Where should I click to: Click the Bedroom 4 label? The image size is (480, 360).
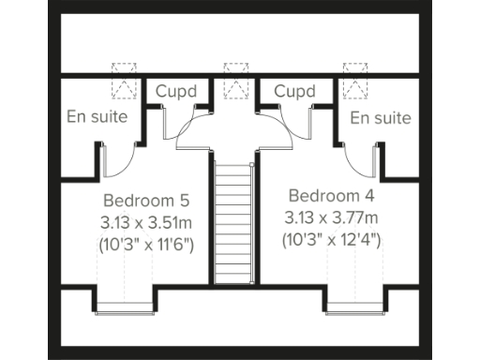coord(331,196)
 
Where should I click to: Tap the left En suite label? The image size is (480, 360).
coord(98,117)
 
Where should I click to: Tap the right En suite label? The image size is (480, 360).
coord(381,118)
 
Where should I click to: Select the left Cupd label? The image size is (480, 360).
coord(177,92)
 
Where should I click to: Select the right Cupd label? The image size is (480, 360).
coord(294,92)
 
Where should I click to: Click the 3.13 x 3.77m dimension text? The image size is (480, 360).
coord(331,218)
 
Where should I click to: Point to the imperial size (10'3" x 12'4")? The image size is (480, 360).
coord(331,240)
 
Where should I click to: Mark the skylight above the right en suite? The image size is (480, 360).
coord(355,82)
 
